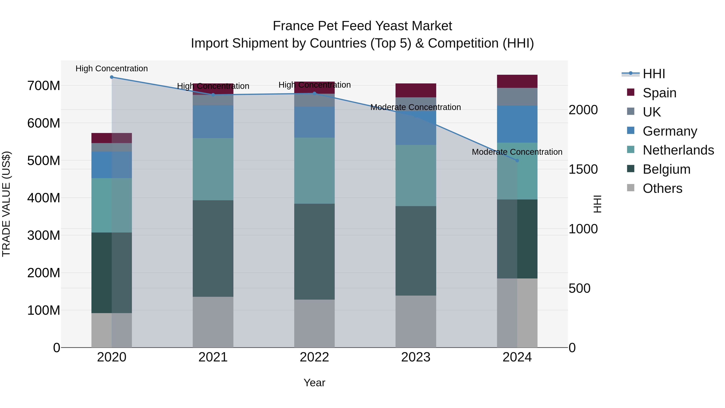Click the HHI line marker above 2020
pos(112,77)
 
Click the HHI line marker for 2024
pos(517,161)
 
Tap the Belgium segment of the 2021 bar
pos(213,248)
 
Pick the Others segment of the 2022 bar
pos(314,323)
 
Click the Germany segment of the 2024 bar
pos(517,124)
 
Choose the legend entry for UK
pos(651,112)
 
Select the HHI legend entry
pos(654,74)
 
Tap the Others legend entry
pos(662,188)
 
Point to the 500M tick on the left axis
pos(44,161)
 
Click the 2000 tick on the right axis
pos(583,110)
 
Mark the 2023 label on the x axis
pos(416,357)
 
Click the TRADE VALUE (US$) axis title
pos(6,204)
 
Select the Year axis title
pos(314,383)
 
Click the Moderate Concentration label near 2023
pos(415,107)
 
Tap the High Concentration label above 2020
pos(112,69)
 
